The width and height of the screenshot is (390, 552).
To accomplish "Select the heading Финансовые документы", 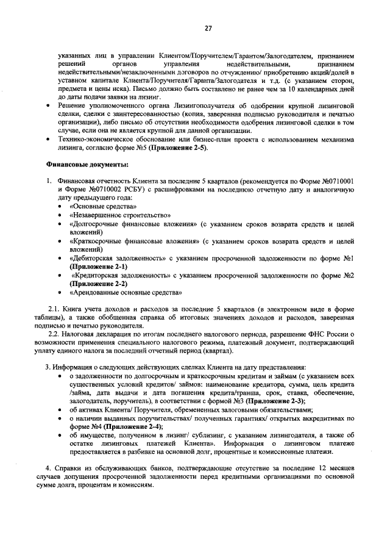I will pos(87,165).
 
